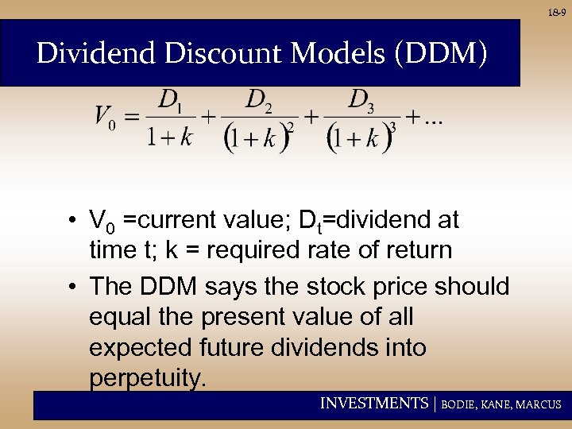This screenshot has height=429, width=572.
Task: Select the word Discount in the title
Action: [211, 53]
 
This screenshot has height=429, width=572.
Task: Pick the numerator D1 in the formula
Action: [171, 100]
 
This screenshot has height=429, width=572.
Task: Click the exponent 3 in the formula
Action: [392, 127]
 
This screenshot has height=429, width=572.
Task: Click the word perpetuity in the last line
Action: [148, 378]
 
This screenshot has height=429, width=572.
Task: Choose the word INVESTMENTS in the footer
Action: [373, 404]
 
